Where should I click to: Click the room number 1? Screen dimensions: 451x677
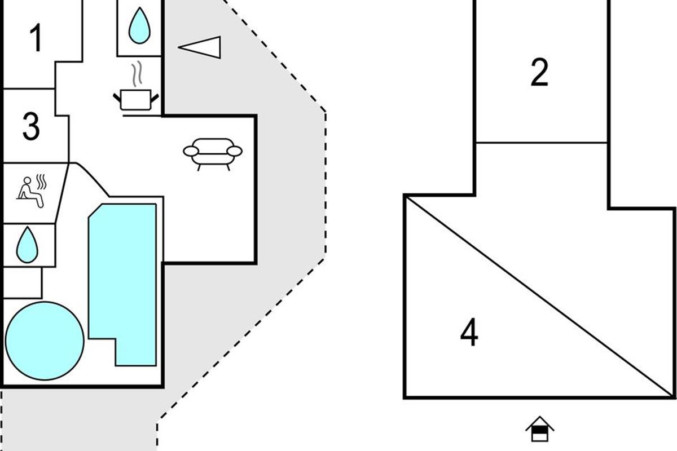click(36, 39)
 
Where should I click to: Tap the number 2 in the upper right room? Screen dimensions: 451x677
click(539, 73)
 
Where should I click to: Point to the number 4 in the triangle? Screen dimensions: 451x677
click(469, 332)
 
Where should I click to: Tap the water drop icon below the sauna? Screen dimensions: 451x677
click(26, 245)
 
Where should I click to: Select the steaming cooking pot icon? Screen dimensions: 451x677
click(137, 99)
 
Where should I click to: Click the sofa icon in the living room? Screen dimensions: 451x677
click(213, 152)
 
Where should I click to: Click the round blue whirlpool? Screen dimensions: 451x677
click(45, 341)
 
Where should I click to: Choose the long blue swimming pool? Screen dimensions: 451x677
click(122, 276)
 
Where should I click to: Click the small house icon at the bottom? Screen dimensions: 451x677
click(539, 430)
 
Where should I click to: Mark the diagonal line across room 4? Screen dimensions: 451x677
click(540, 297)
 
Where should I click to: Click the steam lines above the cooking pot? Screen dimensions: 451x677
click(137, 74)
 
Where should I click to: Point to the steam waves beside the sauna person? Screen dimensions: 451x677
click(41, 183)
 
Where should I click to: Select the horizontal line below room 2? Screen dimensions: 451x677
click(542, 143)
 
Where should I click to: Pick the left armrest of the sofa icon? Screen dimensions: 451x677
click(191, 151)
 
